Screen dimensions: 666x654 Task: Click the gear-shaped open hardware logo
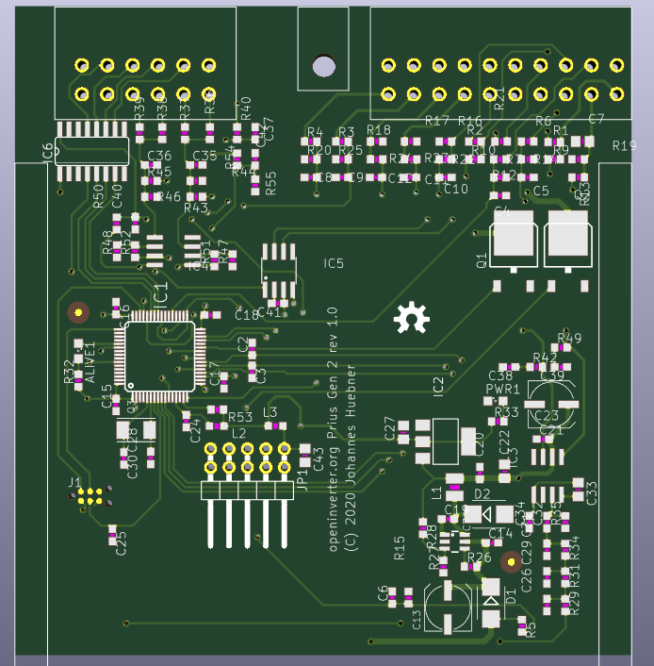411,320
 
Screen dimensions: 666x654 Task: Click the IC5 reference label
333,263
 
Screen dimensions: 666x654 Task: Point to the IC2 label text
437,385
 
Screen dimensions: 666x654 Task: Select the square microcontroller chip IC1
158,356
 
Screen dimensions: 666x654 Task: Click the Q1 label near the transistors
482,259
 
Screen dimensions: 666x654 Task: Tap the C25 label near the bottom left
121,544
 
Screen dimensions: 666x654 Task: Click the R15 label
400,548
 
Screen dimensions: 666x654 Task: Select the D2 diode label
482,493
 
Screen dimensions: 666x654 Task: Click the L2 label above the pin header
238,432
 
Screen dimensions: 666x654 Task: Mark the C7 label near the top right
596,120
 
